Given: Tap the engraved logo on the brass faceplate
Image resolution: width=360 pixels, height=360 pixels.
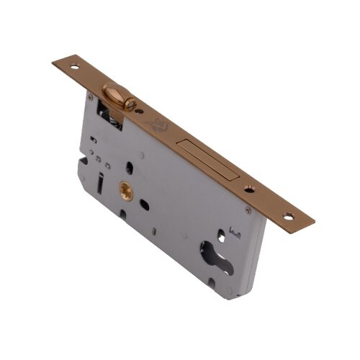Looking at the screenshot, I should click(160, 125).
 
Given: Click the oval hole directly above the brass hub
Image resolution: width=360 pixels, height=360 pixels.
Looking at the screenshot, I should click(130, 168).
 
